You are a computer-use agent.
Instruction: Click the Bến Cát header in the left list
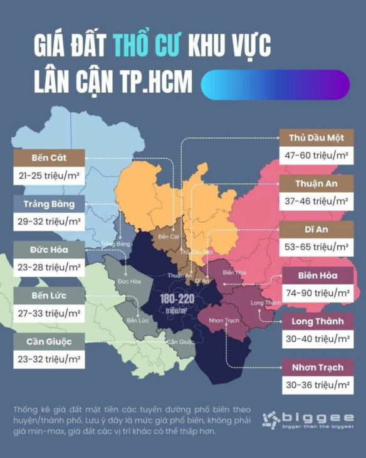coord(49,157)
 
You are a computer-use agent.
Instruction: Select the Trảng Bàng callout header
coord(49,204)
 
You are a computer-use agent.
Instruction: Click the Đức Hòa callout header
coord(49,250)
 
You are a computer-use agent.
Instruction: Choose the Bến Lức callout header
coord(49,296)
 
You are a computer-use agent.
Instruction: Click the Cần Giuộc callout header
coord(49,342)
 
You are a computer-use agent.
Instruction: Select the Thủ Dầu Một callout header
coord(316,137)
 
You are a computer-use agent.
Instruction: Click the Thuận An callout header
coord(316,184)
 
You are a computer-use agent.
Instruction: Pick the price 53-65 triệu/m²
coord(316,247)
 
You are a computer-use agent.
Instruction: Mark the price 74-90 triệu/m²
coord(316,293)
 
